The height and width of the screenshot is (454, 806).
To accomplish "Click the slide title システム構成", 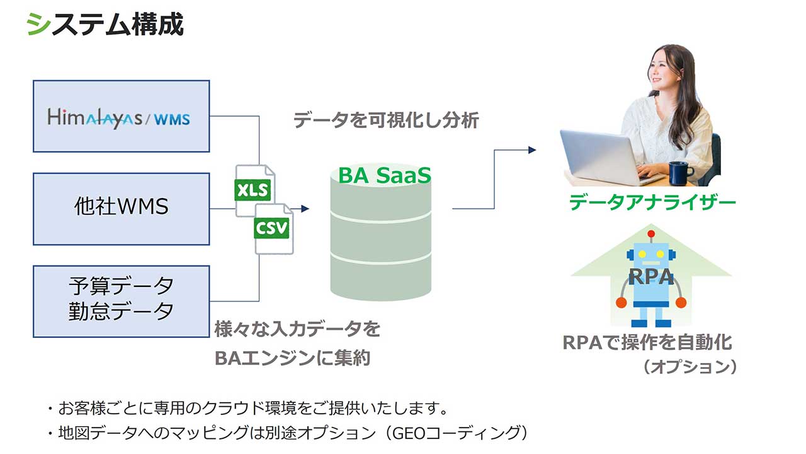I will click(x=105, y=25).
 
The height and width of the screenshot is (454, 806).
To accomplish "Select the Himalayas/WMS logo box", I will click(x=121, y=117).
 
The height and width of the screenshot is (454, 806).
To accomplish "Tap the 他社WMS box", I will click(x=121, y=209).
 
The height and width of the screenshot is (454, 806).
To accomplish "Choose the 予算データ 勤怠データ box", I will click(x=121, y=301).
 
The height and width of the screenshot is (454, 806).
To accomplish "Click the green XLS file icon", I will click(x=253, y=190).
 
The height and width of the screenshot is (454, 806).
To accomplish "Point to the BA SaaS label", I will click(x=384, y=175).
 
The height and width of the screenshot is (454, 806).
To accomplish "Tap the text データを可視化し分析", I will click(x=386, y=120).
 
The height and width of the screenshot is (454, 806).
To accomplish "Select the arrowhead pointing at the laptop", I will click(x=532, y=150).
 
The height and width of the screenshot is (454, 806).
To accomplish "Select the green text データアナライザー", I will click(x=652, y=203).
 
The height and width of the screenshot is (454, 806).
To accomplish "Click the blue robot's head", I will click(x=648, y=255).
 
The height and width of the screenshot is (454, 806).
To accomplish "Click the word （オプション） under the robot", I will click(x=690, y=366).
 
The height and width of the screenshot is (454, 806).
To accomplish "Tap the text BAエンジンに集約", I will click(x=292, y=358).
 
